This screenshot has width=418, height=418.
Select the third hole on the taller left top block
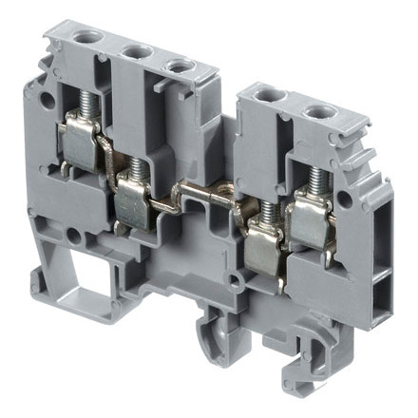177,66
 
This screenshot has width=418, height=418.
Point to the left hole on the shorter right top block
273,97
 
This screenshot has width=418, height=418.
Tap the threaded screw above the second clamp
136,168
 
